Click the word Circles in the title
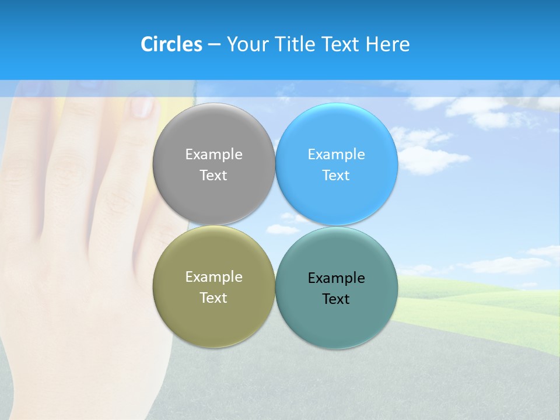pyautogui.click(x=171, y=44)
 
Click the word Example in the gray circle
pyautogui.click(x=213, y=155)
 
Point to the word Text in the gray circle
pyautogui.click(x=213, y=176)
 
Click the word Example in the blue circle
pyautogui.click(x=337, y=155)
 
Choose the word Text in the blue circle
pyautogui.click(x=337, y=176)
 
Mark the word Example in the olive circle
pyautogui.click(x=213, y=277)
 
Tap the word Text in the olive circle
pyautogui.click(x=213, y=298)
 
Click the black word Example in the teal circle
pyautogui.click(x=337, y=278)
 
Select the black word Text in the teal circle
pyautogui.click(x=337, y=299)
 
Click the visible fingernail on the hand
pyautogui.click(x=142, y=107)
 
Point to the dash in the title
pyautogui.click(x=213, y=45)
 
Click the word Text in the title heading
pyautogui.click(x=341, y=44)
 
